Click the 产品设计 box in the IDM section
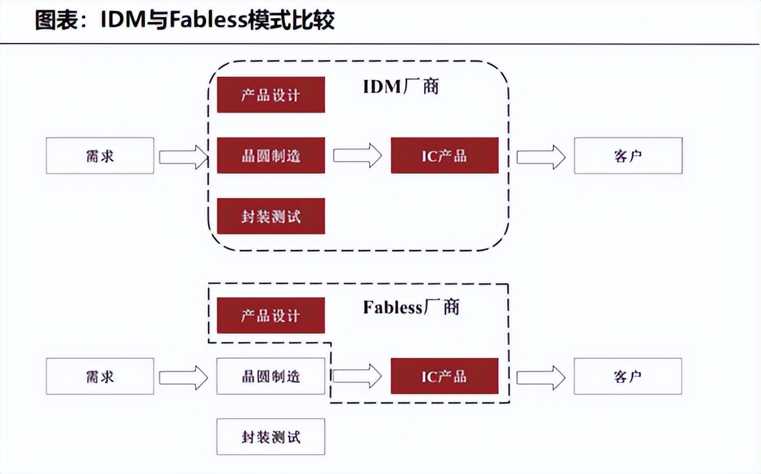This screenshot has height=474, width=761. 271,94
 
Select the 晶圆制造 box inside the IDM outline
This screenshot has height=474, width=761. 271,155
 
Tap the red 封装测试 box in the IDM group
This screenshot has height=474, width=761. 271,216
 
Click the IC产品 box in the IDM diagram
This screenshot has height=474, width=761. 444,155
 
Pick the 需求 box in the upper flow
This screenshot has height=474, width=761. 100,155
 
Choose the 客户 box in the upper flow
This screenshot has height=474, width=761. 628,155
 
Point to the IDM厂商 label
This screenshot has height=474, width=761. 401,87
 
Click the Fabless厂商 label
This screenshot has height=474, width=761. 411,307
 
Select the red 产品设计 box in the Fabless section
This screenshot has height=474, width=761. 271,315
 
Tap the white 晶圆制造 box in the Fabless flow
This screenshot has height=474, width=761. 271,376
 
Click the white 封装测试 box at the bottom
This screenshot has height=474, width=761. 271,436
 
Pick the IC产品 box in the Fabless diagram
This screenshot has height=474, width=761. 444,376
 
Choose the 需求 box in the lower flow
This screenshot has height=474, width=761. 100,376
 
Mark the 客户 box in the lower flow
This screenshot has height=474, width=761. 628,376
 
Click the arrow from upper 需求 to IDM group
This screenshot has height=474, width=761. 183,156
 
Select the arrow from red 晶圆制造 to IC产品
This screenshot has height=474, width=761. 357,155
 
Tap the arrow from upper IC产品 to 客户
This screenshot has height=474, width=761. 541,155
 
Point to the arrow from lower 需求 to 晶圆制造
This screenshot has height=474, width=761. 183,376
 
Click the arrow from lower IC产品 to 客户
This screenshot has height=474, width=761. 541,376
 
